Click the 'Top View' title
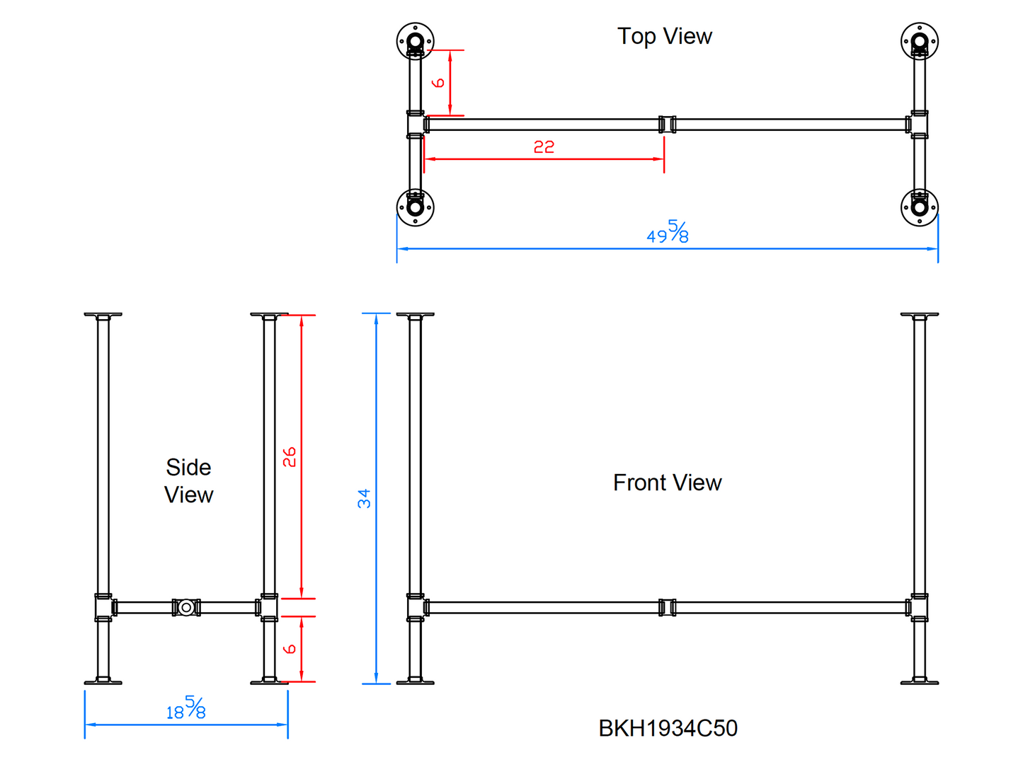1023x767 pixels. coord(664,36)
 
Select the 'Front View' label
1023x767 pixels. coord(667,483)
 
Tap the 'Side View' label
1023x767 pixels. coord(188,480)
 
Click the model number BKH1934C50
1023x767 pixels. coord(668,728)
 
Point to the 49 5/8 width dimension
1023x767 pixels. coord(668,232)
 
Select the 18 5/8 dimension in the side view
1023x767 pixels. coord(186,708)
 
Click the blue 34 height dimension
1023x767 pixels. coord(364,498)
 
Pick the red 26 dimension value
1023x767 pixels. coord(290,457)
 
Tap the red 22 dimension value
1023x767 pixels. coord(544,146)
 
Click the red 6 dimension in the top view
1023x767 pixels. coord(438,83)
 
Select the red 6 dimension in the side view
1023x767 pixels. coord(290,649)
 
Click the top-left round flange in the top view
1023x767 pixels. coord(415,41)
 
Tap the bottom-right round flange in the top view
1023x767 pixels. coord(919,207)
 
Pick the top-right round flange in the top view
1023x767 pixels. coord(919,41)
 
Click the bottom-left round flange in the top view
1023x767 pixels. coord(415,207)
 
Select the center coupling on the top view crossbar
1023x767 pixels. coord(667,125)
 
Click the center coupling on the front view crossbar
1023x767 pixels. coord(667,607)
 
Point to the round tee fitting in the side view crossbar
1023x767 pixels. coord(186,607)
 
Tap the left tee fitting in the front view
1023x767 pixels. coord(416,607)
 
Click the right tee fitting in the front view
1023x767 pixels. coord(918,607)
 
